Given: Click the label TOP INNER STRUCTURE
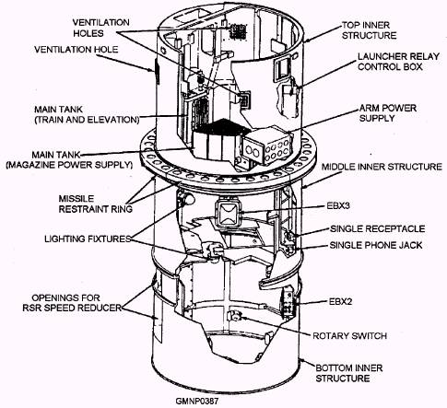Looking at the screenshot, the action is click(369, 30).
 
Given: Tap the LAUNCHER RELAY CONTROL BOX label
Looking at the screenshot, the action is click(398, 62).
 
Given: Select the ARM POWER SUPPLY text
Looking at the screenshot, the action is click(388, 113).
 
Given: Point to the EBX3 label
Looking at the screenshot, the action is click(338, 205).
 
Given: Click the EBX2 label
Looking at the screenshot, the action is click(340, 301).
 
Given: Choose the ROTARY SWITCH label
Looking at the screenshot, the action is click(349, 335).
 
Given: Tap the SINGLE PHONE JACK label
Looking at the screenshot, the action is click(376, 245).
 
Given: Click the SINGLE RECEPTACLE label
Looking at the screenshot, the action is click(378, 228).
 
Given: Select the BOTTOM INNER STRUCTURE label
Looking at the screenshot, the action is click(349, 373).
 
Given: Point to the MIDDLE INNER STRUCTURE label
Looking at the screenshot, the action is click(382, 167).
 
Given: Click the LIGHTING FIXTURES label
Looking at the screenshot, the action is click(88, 239).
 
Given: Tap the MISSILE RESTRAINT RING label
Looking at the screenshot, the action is click(96, 204).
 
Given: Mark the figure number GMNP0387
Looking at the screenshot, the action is click(197, 402).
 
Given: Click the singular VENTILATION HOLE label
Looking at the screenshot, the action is click(76, 50).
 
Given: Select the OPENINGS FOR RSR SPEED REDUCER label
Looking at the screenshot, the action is click(72, 302).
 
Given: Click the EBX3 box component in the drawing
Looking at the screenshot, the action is click(229, 214).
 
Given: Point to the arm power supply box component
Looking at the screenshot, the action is click(265, 146).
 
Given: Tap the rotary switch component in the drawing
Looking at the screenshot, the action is click(235, 315).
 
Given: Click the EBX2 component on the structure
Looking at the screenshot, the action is click(288, 301).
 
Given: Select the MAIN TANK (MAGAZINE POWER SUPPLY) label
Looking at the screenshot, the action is click(69, 159).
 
